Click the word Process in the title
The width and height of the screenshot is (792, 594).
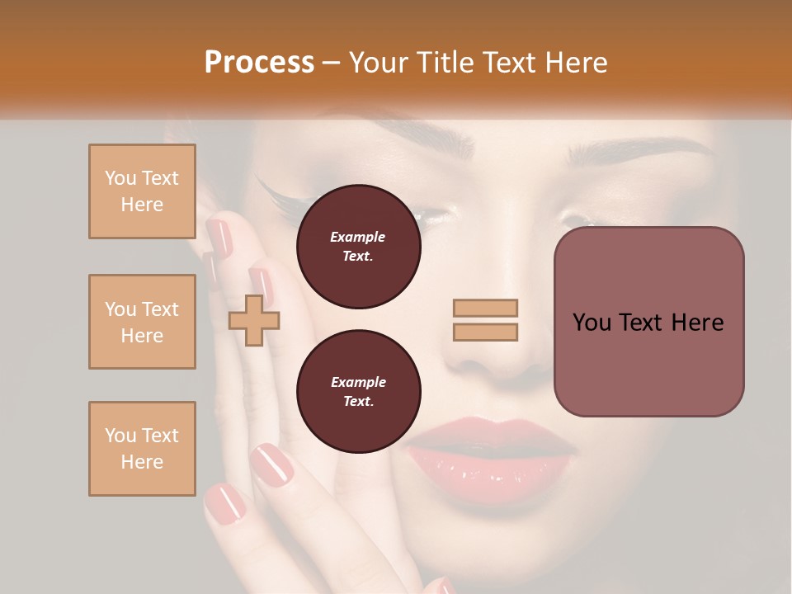[259, 63]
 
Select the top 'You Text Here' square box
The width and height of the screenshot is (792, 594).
[142, 191]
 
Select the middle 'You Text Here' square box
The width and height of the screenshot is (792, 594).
[142, 322]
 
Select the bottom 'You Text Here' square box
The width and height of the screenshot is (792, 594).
[142, 449]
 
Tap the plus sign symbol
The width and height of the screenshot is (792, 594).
[254, 320]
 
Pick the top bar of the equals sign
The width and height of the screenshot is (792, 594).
[485, 308]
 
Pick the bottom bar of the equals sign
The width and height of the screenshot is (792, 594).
[485, 332]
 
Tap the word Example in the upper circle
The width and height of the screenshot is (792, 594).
[358, 237]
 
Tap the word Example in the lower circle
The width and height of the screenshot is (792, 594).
[358, 382]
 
